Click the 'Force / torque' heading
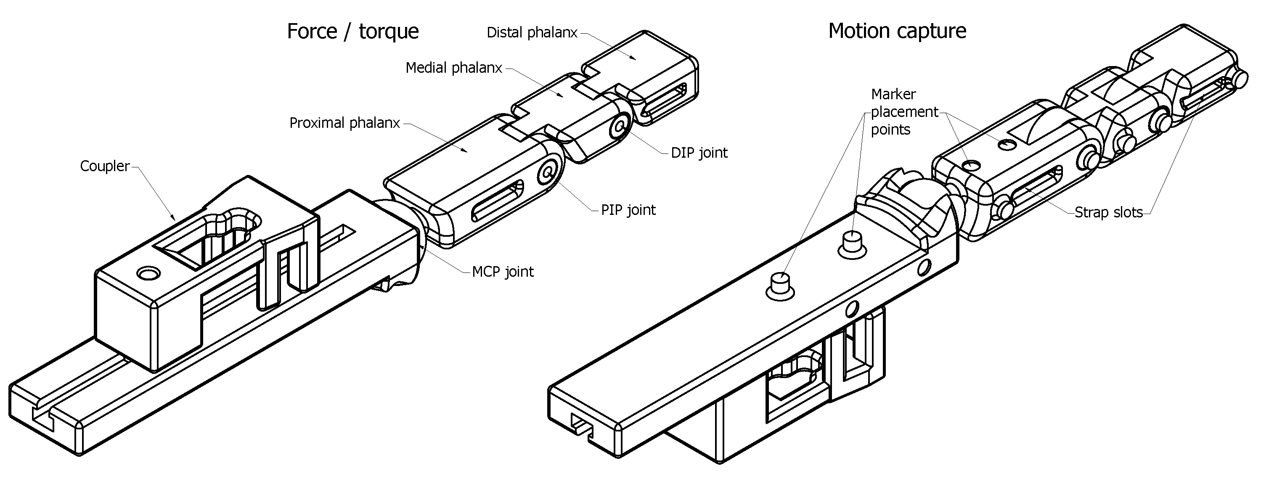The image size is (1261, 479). (352, 31)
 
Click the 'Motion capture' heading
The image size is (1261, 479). (897, 31)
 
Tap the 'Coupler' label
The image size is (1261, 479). (104, 167)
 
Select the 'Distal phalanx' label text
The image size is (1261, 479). (532, 33)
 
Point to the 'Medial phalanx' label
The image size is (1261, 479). (453, 68)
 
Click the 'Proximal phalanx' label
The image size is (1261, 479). (344, 123)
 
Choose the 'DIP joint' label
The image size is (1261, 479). (699, 153)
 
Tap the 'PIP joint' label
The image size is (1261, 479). (628, 210)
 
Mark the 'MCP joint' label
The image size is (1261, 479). (502, 272)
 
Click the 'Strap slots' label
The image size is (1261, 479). (1108, 213)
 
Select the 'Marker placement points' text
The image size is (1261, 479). (903, 112)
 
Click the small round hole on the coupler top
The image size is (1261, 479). (148, 273)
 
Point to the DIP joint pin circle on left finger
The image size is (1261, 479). (620, 127)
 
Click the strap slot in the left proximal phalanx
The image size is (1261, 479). (497, 201)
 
